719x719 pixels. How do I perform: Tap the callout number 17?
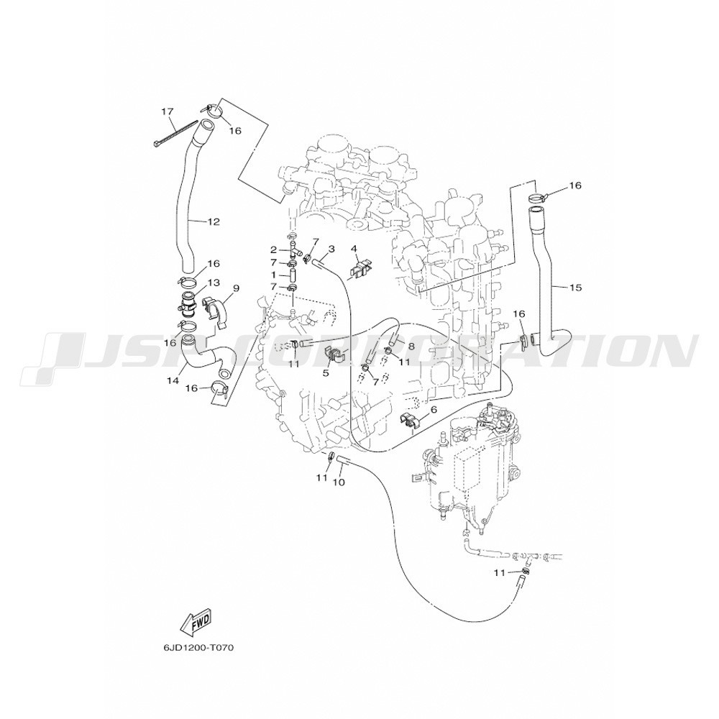point(167,111)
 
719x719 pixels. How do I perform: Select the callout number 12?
point(214,222)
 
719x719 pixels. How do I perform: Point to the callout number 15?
point(575,288)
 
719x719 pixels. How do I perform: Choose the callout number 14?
point(172,380)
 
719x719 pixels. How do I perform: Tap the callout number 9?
point(236,288)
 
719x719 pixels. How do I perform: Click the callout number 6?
point(434,410)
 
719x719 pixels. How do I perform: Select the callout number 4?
point(354,249)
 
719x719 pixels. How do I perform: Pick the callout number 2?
point(274,250)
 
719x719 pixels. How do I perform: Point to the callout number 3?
point(331,249)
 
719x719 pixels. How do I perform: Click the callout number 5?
point(326,373)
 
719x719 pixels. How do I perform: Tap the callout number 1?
point(274,275)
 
